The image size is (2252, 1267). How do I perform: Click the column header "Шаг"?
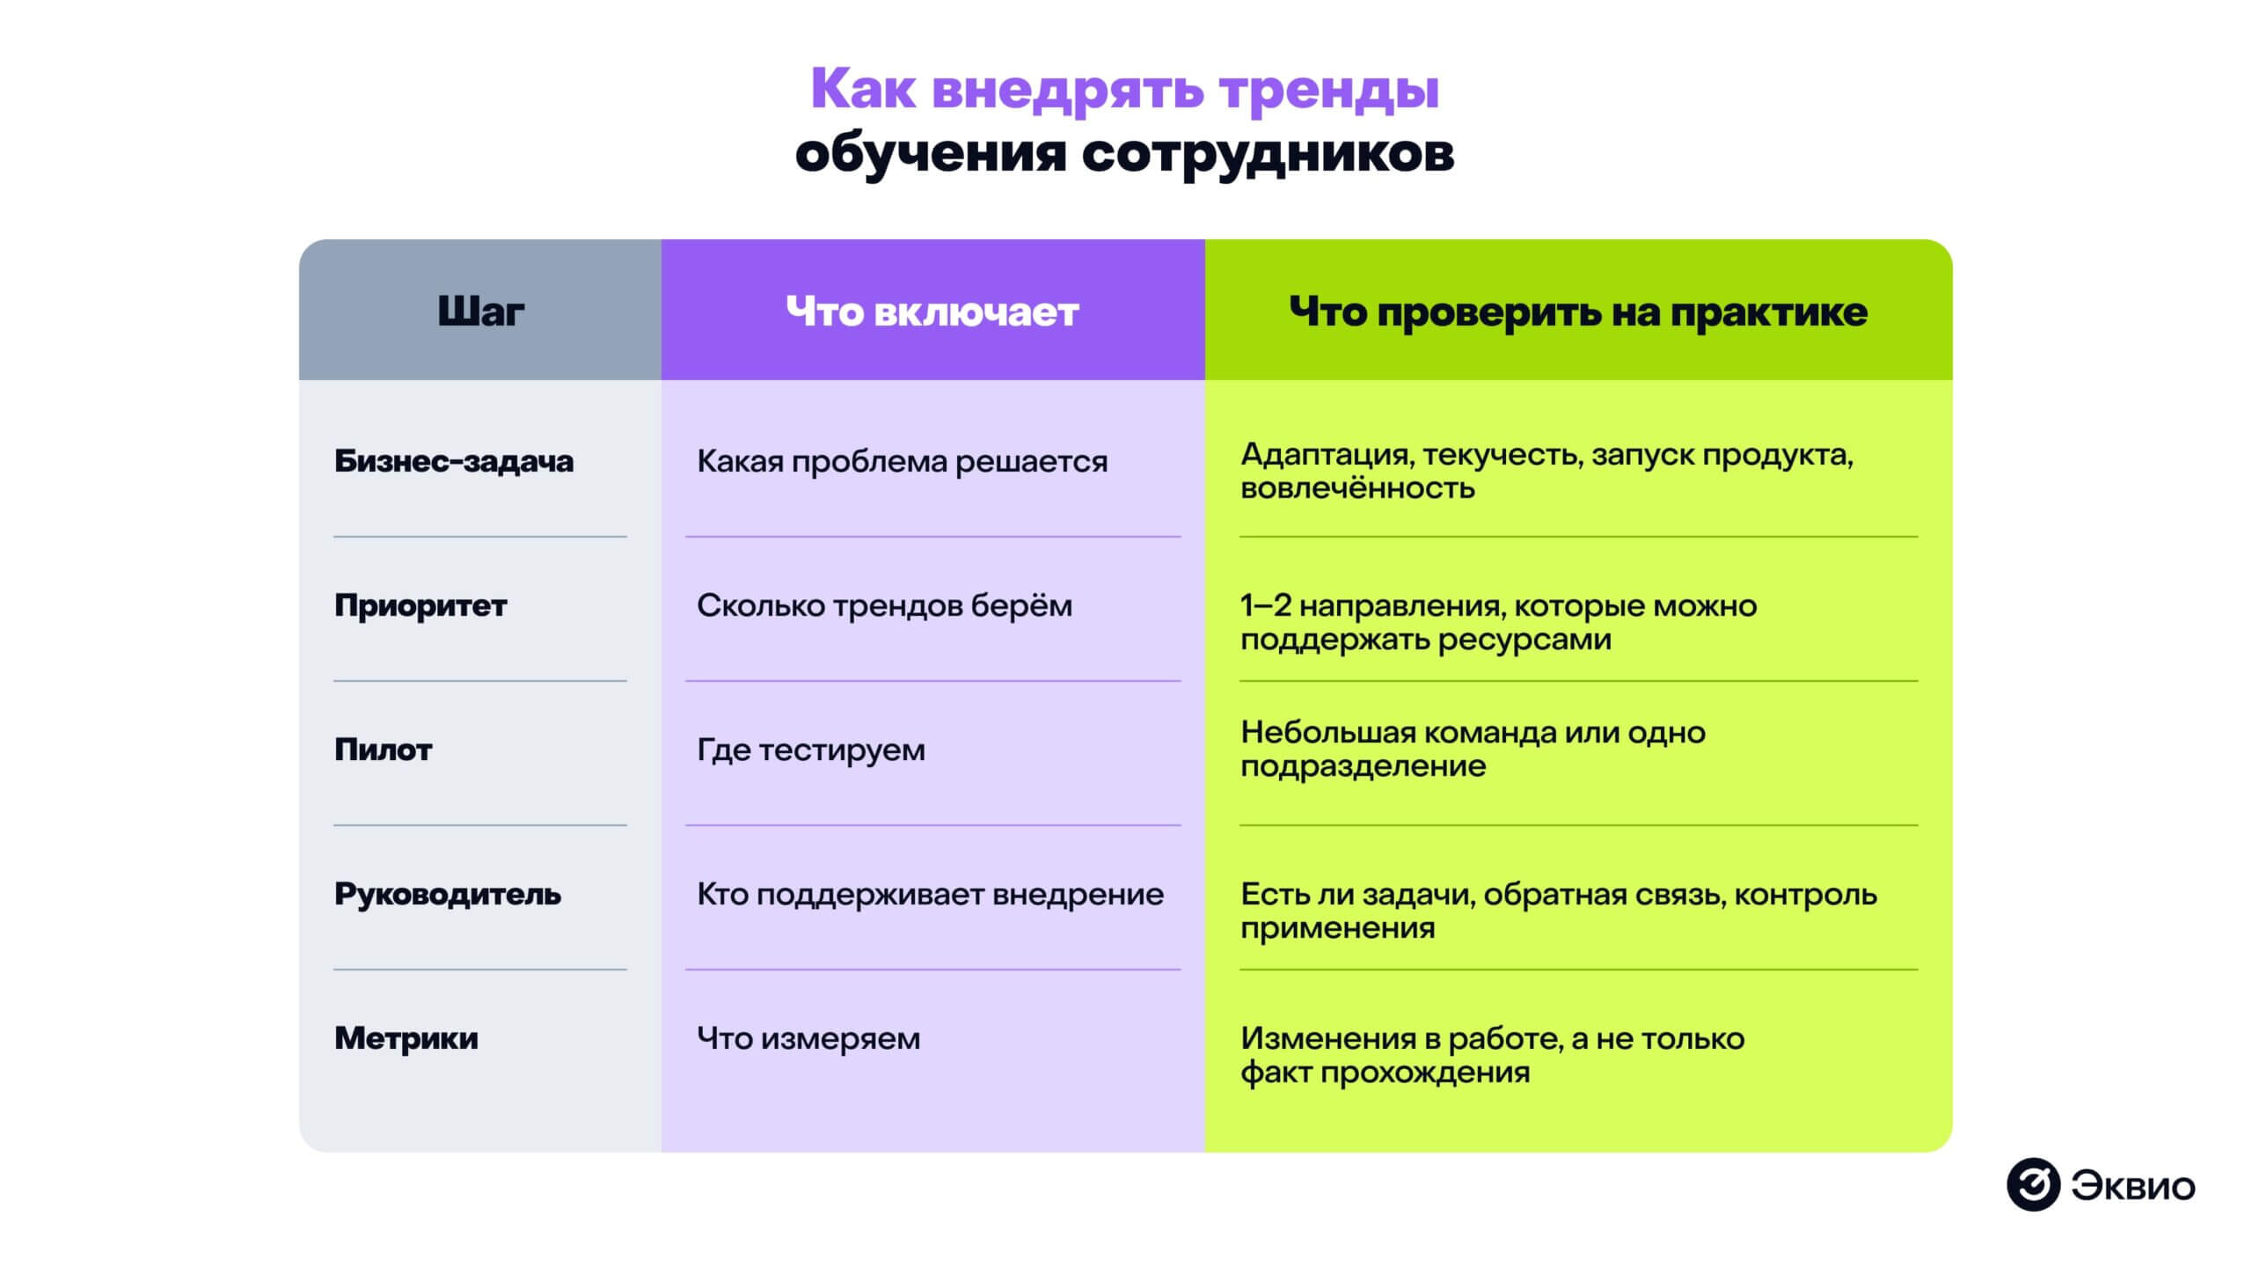pyautogui.click(x=480, y=311)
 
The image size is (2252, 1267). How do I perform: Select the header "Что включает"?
pyautogui.click(x=932, y=311)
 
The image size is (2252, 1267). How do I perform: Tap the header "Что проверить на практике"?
pyautogui.click(x=1578, y=311)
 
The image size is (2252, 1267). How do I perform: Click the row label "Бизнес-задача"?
pyautogui.click(x=454, y=461)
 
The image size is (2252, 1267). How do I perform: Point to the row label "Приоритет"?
pyautogui.click(x=420, y=605)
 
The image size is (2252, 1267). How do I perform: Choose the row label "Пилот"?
pyautogui.click(x=384, y=750)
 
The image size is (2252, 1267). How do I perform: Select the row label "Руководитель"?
pyautogui.click(x=448, y=894)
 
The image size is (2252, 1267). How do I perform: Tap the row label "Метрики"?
pyautogui.click(x=406, y=1038)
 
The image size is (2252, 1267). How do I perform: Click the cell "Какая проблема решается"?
pyautogui.click(x=902, y=461)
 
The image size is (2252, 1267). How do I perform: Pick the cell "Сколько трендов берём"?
pyautogui.click(x=884, y=605)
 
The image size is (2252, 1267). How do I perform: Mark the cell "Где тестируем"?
pyautogui.click(x=810, y=750)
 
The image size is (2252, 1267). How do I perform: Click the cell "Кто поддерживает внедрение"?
pyautogui.click(x=930, y=894)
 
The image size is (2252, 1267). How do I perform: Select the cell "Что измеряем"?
pyautogui.click(x=808, y=1038)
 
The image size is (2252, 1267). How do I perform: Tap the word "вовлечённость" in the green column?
pyautogui.click(x=1357, y=488)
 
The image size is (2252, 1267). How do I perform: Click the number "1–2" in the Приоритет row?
pyautogui.click(x=1265, y=605)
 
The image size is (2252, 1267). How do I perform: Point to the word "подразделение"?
pyautogui.click(x=1363, y=766)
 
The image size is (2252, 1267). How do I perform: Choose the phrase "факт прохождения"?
pyautogui.click(x=1385, y=1073)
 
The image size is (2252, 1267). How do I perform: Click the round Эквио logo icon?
pyautogui.click(x=2033, y=1184)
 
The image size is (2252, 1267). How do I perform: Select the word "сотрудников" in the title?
pyautogui.click(x=1268, y=152)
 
